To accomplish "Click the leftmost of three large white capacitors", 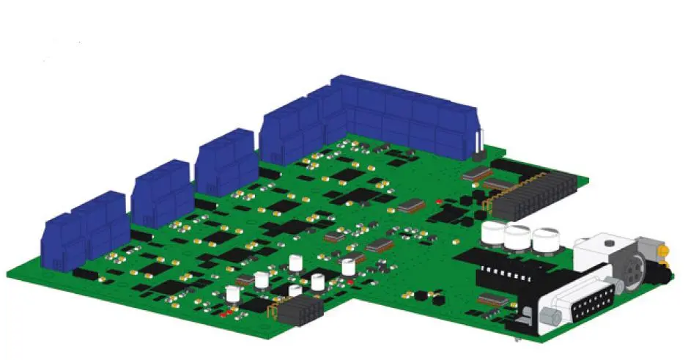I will tap(492, 234).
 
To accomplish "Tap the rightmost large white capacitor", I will tap(546, 240).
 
